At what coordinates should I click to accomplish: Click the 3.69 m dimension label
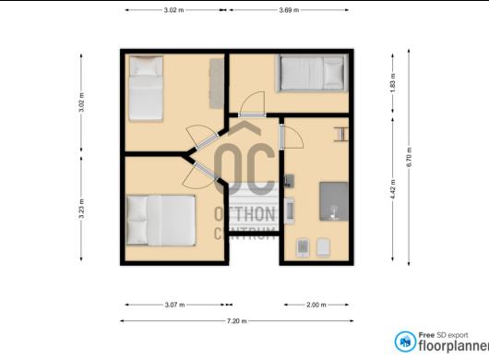tap(289, 10)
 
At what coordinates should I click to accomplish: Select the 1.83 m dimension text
tap(393, 83)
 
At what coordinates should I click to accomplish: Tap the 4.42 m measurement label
tap(393, 189)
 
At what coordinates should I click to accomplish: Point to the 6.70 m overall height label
tap(409, 157)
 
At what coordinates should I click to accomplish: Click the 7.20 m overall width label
tap(237, 320)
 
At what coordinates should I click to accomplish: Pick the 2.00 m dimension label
tap(316, 305)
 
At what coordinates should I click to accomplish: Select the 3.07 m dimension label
tap(174, 305)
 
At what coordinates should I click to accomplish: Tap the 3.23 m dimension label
tap(81, 209)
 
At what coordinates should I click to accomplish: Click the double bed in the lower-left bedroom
tap(161, 220)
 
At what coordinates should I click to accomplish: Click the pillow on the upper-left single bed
tap(146, 66)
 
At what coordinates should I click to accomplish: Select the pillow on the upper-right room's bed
tap(333, 73)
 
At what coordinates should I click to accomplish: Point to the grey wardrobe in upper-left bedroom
tap(217, 84)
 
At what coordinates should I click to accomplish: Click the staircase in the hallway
tap(253, 207)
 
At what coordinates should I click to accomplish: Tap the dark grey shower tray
tap(334, 201)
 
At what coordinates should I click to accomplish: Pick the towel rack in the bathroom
tap(340, 134)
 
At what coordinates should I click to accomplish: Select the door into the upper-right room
tap(252, 115)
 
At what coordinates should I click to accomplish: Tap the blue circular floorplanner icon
tap(405, 342)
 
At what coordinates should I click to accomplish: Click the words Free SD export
tap(443, 335)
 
